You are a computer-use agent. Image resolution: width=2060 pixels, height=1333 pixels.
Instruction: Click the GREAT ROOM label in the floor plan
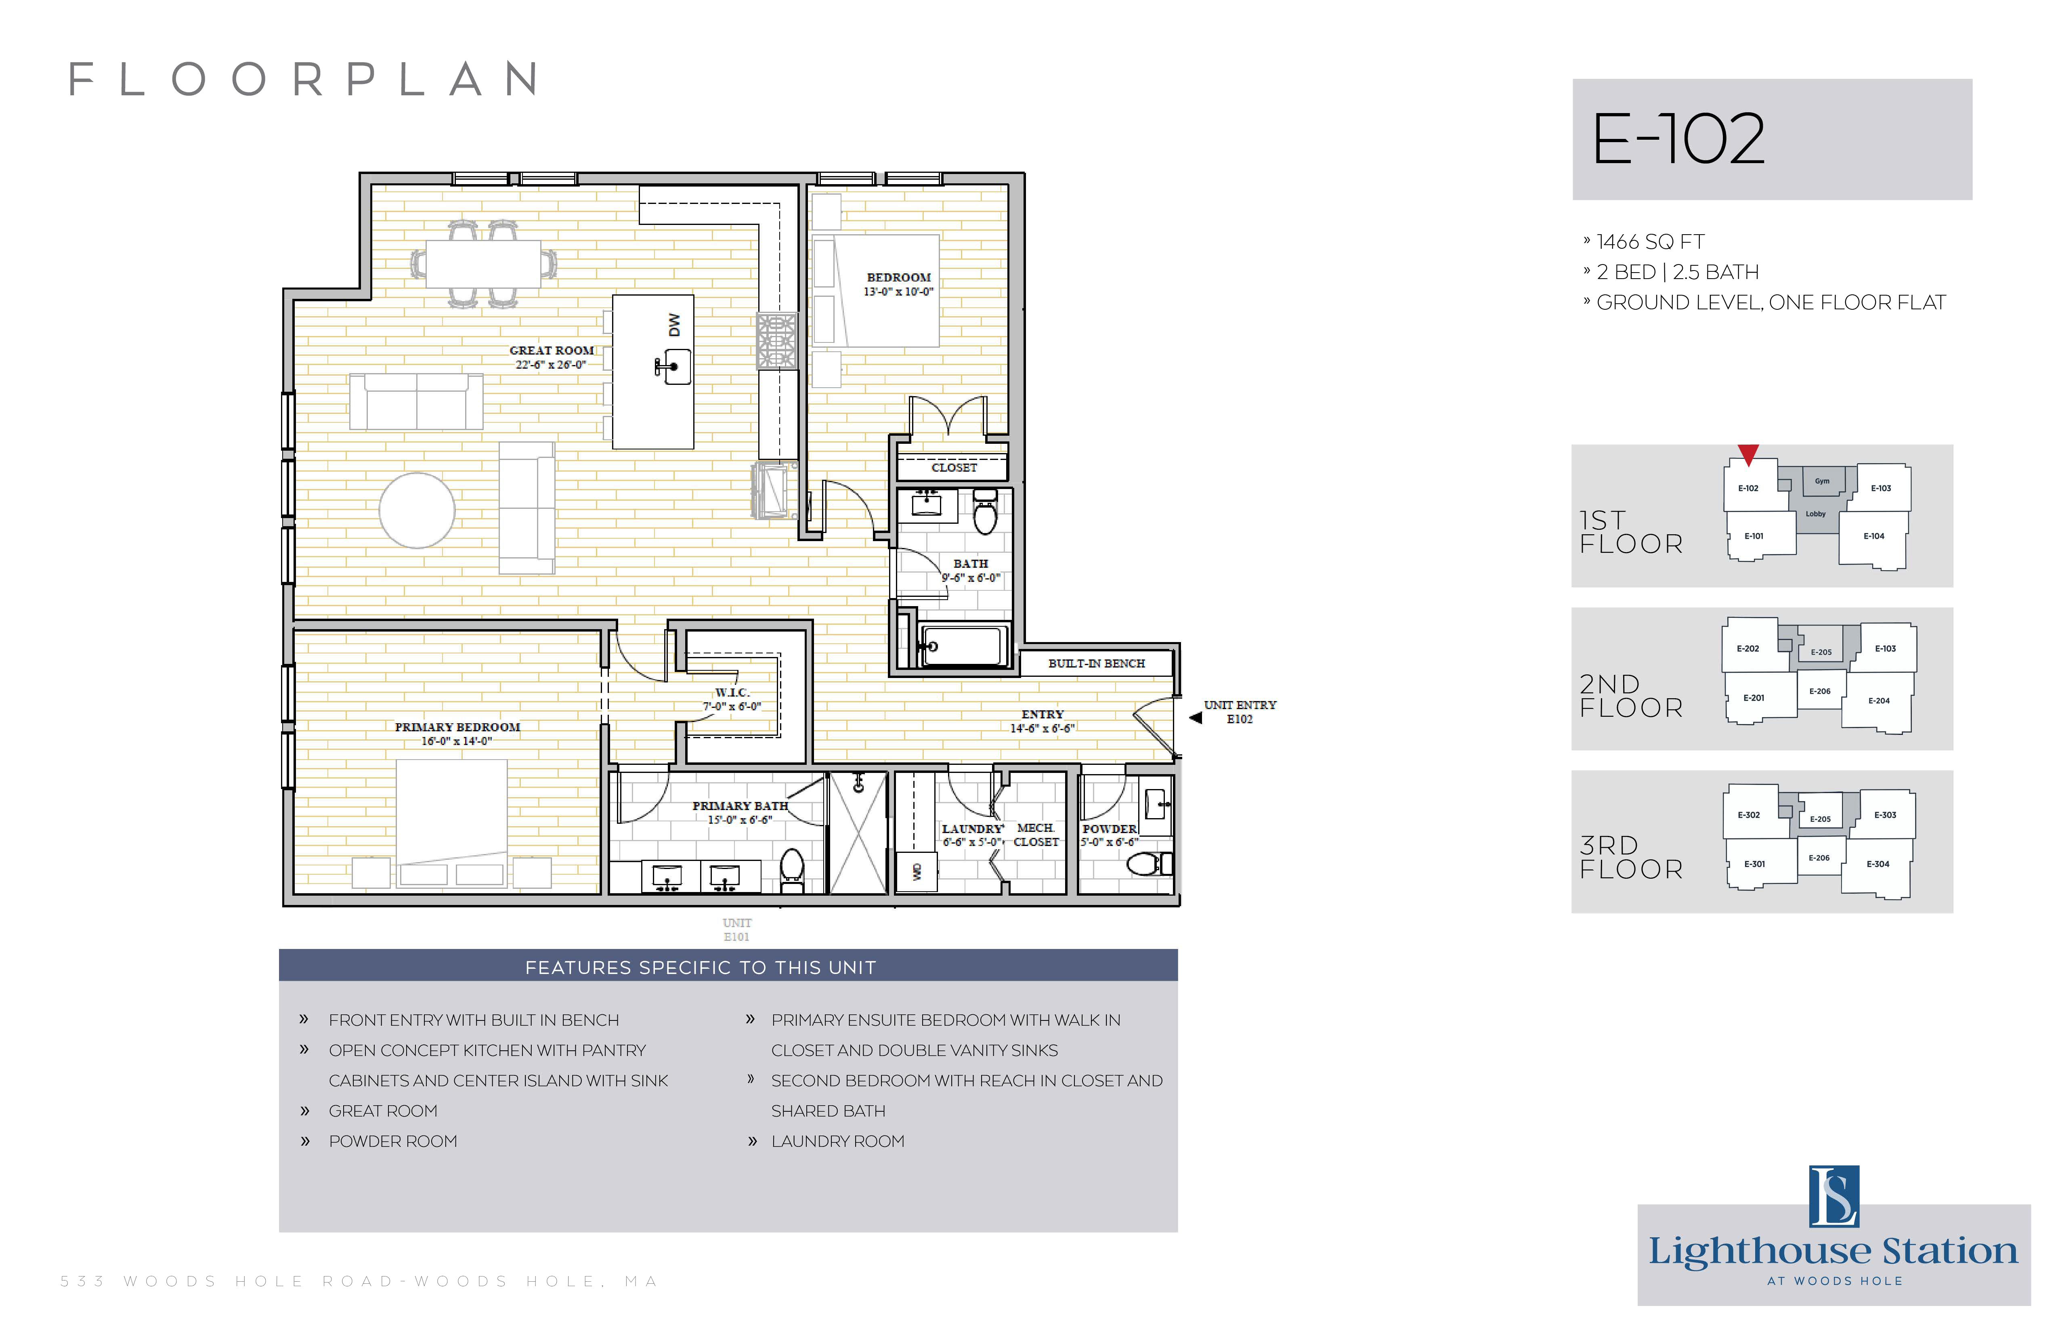tap(552, 351)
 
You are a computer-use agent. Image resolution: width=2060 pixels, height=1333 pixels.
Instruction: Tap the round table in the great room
tap(417, 511)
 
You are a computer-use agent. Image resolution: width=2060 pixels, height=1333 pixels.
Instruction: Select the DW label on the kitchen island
tap(674, 325)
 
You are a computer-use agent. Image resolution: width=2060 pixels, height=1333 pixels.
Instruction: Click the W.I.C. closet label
tap(732, 693)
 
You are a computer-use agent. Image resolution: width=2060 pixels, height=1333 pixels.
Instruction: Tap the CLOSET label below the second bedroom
tap(954, 467)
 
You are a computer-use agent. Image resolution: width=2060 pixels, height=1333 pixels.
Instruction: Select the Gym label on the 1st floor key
tap(1822, 481)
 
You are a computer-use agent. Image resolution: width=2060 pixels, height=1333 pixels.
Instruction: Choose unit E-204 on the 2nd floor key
tap(1879, 701)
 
